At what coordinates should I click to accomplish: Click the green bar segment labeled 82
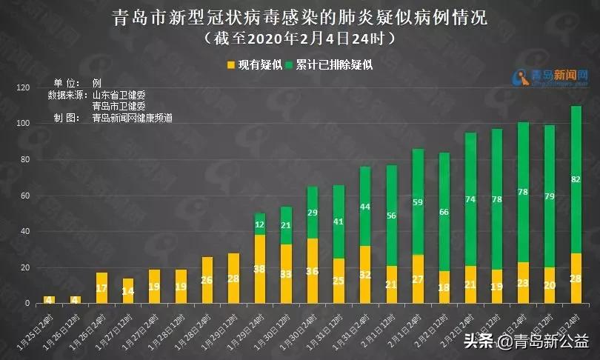pos(576,179)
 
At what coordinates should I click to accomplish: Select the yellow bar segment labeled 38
pos(260,269)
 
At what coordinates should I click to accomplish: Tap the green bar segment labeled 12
pos(260,224)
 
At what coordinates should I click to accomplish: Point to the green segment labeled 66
pos(444,212)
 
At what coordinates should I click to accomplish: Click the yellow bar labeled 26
pos(207,280)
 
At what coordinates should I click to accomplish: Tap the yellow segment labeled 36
pos(313,271)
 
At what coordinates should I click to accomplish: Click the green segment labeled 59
pos(418,201)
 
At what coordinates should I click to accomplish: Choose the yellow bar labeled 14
pos(128,290)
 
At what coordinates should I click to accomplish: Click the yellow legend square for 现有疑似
pos(231,65)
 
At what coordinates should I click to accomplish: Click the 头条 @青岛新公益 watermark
pos(527,341)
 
